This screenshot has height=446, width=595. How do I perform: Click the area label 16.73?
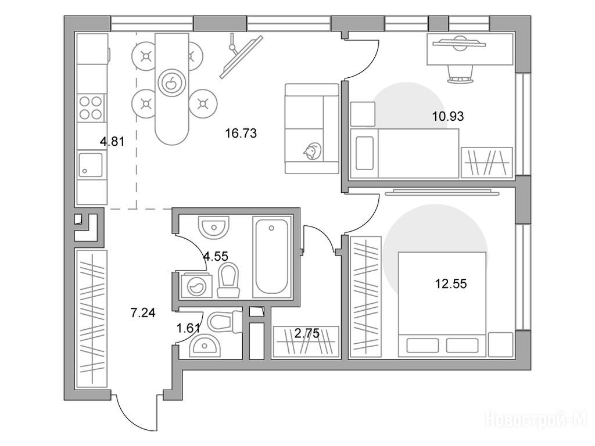pos(241,134)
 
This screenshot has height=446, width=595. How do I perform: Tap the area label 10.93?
pos(448,116)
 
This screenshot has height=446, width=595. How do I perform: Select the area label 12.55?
pos(451,283)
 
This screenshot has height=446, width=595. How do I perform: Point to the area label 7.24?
pos(143,313)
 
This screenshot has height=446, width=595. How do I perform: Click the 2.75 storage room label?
pos(307,333)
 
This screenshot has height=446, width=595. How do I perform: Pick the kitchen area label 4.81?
pos(112,142)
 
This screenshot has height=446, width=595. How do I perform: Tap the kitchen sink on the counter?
pos(90,164)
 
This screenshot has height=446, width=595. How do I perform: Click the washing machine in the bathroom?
pos(194,285)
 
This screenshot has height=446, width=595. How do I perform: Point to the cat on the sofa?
pos(312,151)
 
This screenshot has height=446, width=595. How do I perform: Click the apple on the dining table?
pos(171,82)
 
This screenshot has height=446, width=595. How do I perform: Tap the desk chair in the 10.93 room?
pos(461,74)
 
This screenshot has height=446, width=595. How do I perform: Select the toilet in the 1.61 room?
pos(222,322)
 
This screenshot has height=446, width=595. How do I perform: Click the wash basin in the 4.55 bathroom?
pos(214,227)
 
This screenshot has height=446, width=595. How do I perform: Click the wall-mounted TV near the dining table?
pos(241,56)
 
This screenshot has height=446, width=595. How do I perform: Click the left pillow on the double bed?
pos(422,345)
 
